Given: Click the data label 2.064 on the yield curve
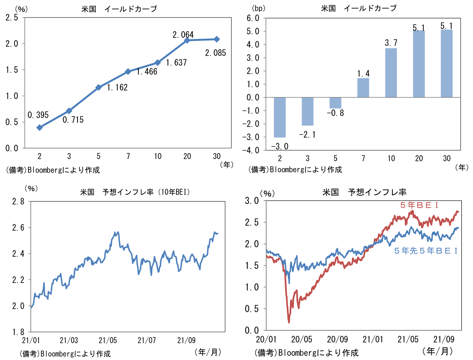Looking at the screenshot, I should tap(183, 34).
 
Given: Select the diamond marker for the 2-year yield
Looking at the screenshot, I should tap(39, 127).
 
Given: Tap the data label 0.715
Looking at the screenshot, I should tap(73, 120).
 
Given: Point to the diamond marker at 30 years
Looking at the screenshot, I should tap(217, 39).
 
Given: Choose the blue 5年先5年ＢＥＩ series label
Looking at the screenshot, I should tap(425, 251).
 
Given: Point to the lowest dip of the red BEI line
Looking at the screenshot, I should tap(289, 322).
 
